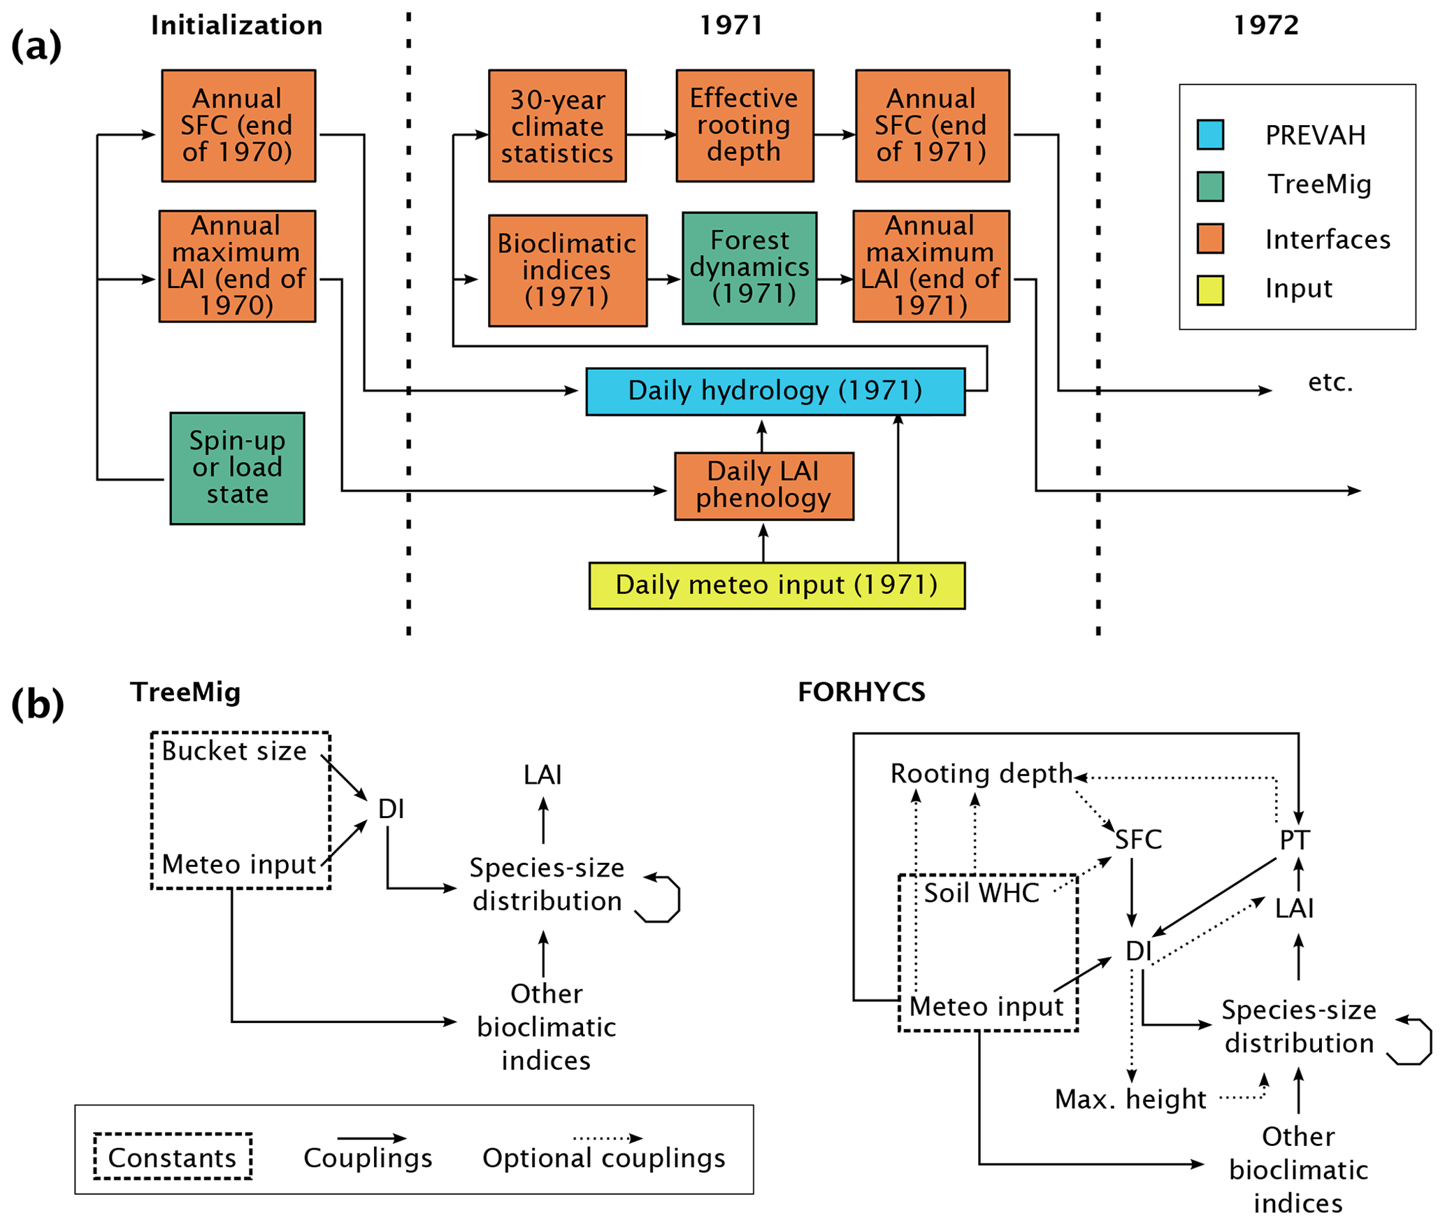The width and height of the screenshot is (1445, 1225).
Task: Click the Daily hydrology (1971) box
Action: [775, 392]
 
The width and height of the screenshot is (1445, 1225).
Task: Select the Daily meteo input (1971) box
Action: [777, 585]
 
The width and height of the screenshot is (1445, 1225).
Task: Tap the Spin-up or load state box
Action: [237, 468]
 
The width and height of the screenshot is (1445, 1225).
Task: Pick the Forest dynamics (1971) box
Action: [749, 268]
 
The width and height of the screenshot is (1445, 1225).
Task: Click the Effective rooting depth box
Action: [745, 126]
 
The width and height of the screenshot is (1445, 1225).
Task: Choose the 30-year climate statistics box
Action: [557, 126]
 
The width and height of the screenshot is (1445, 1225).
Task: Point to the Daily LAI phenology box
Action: [763, 486]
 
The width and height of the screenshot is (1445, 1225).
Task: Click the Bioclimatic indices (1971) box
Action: [567, 271]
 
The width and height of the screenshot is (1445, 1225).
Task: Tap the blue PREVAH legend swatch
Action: [1210, 135]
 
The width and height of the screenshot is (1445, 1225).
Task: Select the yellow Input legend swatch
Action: [1210, 290]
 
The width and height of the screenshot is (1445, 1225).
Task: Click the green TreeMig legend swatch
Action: [1210, 186]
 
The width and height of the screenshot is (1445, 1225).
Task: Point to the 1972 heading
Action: [1265, 26]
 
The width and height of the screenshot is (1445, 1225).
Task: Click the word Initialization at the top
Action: [237, 26]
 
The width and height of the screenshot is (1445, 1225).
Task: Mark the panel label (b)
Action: [37, 704]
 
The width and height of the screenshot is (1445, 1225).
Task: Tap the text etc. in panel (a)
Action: [1330, 382]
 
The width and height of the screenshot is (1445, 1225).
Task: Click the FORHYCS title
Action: [861, 692]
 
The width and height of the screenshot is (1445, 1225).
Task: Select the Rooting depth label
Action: [981, 774]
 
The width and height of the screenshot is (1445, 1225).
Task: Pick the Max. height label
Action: [1130, 1099]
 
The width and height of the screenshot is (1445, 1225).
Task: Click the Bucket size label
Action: [234, 751]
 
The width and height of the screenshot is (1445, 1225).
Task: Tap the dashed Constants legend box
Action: [173, 1157]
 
